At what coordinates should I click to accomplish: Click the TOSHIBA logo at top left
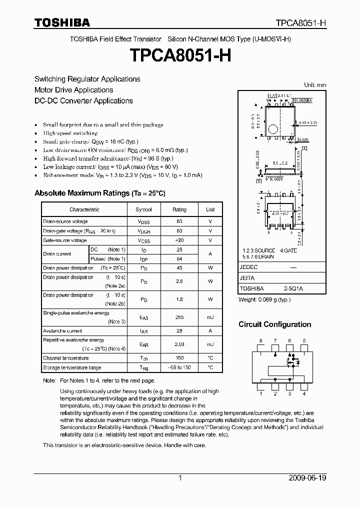pyautogui.click(x=62, y=22)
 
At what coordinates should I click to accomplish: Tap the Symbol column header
pyautogui.click(x=144, y=210)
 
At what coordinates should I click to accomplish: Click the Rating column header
pyautogui.click(x=179, y=210)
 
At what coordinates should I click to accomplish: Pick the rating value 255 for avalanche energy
pyautogui.click(x=179, y=317)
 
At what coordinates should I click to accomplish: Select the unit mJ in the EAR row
pyautogui.click(x=210, y=344)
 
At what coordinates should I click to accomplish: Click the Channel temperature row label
pyautogui.click(x=66, y=358)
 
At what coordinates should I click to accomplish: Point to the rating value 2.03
pyautogui.click(x=179, y=344)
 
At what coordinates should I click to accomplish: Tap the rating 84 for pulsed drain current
pyautogui.click(x=179, y=258)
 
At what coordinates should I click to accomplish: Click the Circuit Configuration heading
pyautogui.click(x=274, y=324)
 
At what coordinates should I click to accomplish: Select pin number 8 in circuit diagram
pyautogui.click(x=260, y=341)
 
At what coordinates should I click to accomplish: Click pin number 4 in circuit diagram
pyautogui.click(x=304, y=394)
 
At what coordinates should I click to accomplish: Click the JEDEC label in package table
pyautogui.click(x=248, y=267)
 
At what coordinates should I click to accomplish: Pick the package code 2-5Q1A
pyautogui.click(x=293, y=288)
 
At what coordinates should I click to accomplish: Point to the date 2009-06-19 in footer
pyautogui.click(x=307, y=478)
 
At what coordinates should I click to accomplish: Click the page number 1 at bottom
pyautogui.click(x=180, y=478)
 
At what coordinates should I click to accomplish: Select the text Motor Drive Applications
pyautogui.click(x=73, y=90)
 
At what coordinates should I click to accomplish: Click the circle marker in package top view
pyautogui.click(x=272, y=129)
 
